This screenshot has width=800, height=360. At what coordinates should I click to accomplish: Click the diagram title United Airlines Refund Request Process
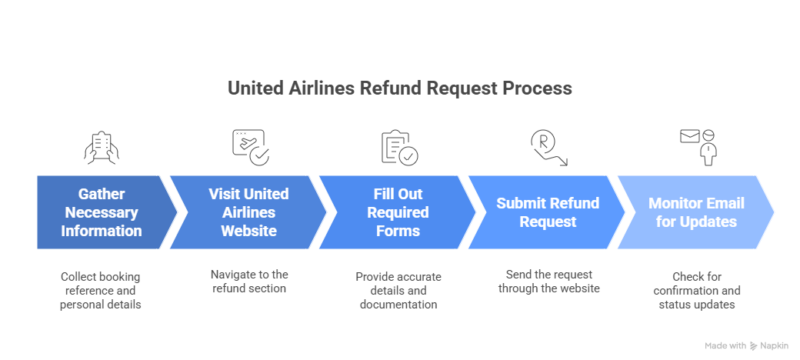point(399,88)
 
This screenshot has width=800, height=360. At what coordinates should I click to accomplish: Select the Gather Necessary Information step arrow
point(102,212)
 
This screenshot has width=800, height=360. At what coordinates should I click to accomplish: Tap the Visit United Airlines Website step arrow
point(248,212)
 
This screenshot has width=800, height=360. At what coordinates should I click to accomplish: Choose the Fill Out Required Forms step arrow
point(398,212)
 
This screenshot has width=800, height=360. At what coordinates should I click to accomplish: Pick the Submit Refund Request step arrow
point(547,212)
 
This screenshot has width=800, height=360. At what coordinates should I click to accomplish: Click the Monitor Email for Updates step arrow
point(695,212)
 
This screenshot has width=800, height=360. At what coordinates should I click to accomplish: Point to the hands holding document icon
point(102,148)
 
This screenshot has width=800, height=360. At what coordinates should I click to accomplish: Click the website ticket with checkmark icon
point(250,147)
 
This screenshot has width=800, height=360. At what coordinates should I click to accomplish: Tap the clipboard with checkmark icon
point(399,148)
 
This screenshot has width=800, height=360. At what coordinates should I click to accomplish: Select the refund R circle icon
point(547,147)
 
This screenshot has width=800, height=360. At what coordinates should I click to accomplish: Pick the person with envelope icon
point(697,147)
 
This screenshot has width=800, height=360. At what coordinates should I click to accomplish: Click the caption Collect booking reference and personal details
point(101,291)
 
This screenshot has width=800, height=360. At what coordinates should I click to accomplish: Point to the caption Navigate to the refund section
point(248,281)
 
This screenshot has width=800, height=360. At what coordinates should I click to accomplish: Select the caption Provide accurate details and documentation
point(398,291)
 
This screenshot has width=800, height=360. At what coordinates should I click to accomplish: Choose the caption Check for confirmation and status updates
point(696,291)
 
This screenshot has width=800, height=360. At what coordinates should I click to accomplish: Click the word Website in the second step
point(248,231)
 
